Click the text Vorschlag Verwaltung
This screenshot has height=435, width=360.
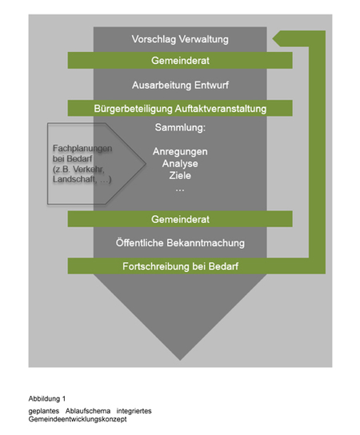(180, 39)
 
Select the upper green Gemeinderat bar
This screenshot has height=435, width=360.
(180, 61)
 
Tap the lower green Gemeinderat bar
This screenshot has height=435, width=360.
(180, 219)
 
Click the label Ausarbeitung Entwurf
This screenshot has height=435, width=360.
(181, 85)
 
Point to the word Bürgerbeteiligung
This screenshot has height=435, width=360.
(134, 109)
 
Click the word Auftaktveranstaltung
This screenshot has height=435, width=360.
(221, 109)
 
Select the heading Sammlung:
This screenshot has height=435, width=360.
(180, 128)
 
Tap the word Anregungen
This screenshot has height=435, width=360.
(180, 152)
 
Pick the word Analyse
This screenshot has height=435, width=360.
(180, 164)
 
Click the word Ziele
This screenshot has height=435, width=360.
(180, 176)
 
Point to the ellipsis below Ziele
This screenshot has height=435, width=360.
(180, 190)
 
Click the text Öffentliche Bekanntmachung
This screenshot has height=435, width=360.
(180, 243)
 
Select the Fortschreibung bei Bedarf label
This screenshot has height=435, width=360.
(181, 266)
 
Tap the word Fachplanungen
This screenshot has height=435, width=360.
(82, 149)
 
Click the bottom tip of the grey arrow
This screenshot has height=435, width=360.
(180, 360)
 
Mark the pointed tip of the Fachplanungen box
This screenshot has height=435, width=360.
(146, 164)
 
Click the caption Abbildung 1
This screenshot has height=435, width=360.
(47, 399)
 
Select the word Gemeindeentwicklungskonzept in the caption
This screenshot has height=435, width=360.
(78, 419)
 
